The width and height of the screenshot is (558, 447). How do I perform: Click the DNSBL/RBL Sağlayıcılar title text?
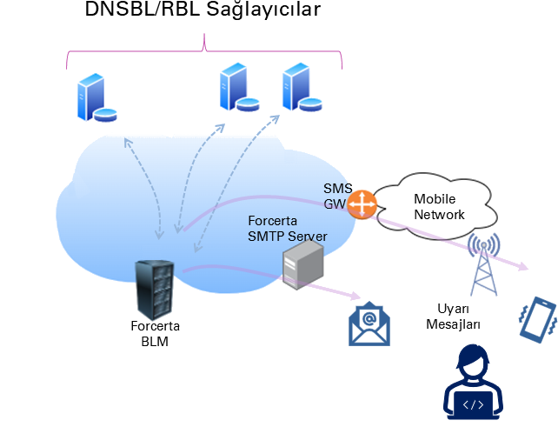[x=203, y=11]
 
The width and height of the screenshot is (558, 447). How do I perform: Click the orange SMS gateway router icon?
[x=361, y=204]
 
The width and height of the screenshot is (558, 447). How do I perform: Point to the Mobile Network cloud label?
[x=439, y=207]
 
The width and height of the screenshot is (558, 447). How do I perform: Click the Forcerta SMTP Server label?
[x=287, y=229]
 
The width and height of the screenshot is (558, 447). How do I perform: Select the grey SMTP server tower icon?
[x=302, y=264]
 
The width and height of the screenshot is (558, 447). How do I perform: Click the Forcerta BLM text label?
[x=155, y=335]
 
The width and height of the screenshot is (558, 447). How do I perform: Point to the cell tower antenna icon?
[x=483, y=261]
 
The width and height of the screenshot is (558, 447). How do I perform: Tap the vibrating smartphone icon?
[x=538, y=319]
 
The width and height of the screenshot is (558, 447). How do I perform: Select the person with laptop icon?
[x=473, y=383]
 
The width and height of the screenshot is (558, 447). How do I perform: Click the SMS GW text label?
[x=336, y=197]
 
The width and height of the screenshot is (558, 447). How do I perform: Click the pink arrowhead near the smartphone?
[x=523, y=267]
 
